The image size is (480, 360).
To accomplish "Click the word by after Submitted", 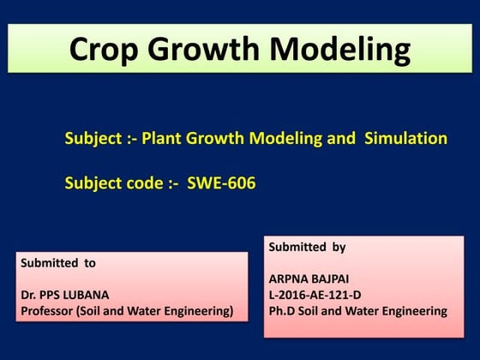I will click(x=338, y=247).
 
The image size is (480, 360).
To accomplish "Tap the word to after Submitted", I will click(x=88, y=263).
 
